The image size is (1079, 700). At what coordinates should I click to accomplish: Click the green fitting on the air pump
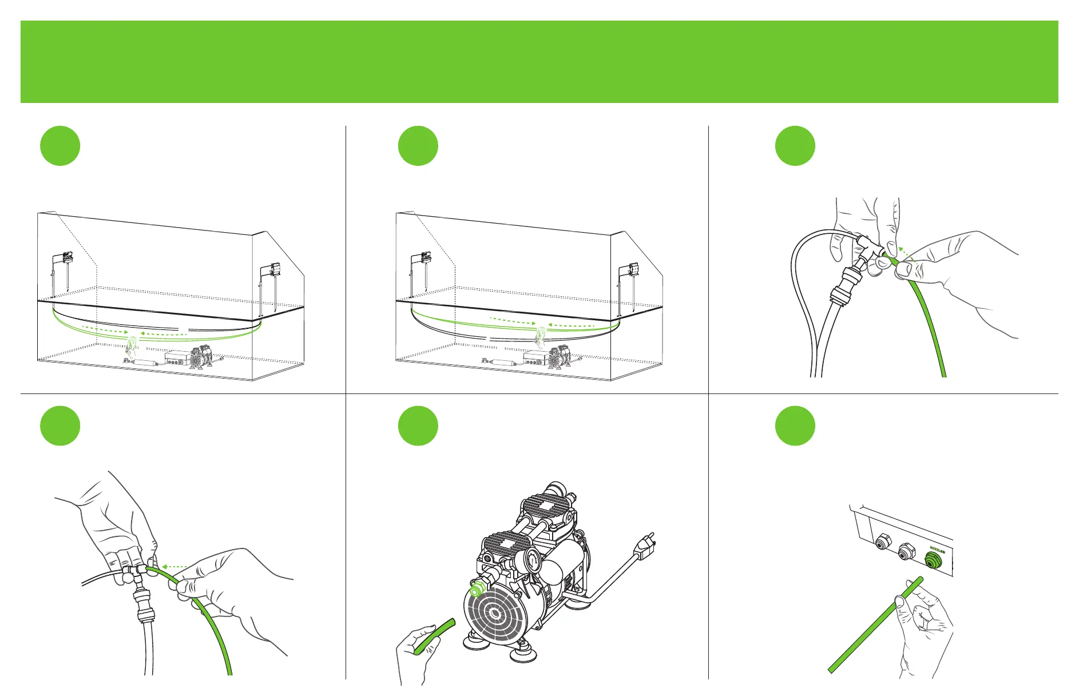(474, 591)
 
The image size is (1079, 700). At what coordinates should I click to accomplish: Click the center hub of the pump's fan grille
(494, 615)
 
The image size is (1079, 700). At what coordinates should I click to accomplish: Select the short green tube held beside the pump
(435, 635)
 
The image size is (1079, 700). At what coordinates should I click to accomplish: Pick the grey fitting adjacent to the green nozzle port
(905, 554)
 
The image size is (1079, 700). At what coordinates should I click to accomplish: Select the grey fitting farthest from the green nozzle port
(883, 541)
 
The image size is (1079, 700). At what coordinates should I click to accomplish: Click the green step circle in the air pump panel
(418, 426)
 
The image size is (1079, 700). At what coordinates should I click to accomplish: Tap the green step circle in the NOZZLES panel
(795, 426)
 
